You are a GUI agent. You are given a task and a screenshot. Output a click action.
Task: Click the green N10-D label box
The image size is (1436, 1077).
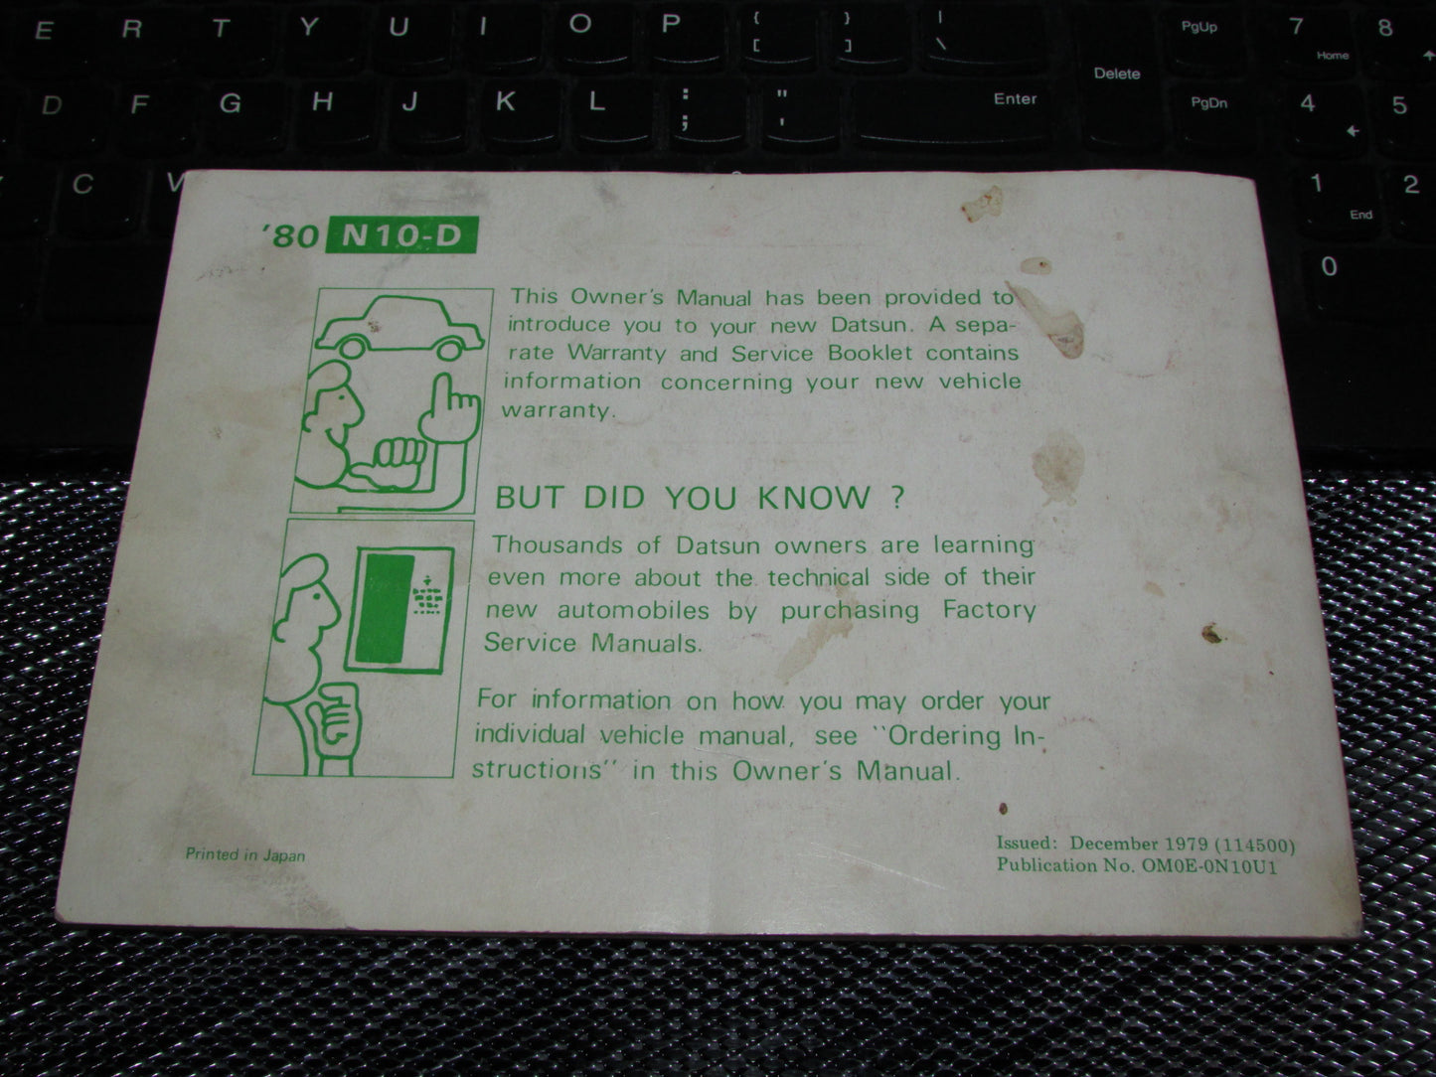[405, 237]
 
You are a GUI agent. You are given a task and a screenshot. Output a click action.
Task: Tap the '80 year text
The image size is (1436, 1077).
[298, 238]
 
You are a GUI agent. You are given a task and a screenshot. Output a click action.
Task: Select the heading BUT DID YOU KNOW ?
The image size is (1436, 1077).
[700, 497]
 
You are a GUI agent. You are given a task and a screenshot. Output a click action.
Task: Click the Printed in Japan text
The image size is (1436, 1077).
[245, 854]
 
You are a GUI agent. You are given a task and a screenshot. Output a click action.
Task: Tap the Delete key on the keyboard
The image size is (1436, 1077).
[1117, 74]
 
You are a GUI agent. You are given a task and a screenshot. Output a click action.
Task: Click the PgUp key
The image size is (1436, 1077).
[1199, 28]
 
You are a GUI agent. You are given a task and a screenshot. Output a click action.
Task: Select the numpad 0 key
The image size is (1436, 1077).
[1329, 266]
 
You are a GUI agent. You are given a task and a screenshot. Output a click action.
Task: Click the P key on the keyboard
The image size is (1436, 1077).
[672, 25]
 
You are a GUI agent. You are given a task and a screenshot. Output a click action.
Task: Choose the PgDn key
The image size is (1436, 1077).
[1208, 103]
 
